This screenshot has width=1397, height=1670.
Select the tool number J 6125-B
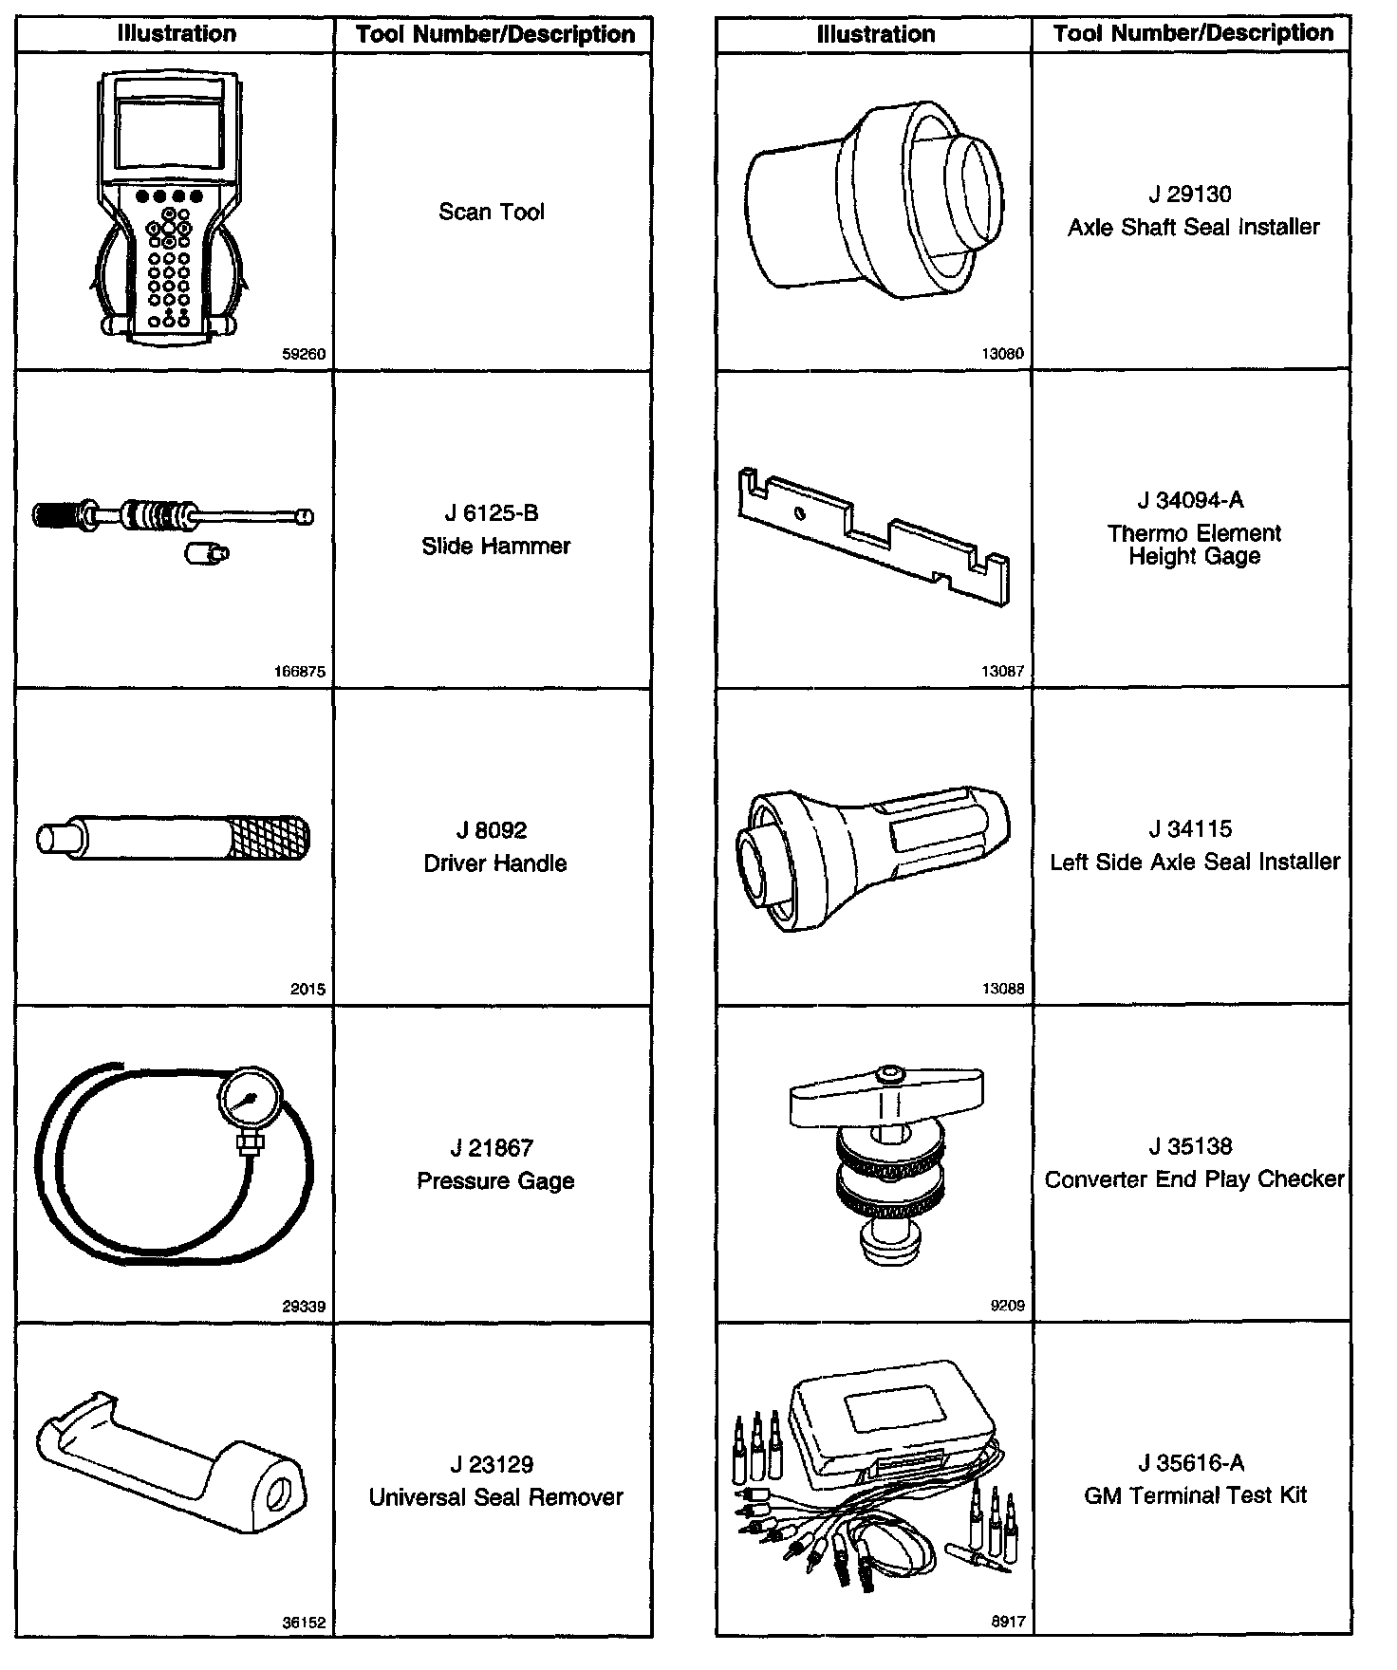(x=492, y=513)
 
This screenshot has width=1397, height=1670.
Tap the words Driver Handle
(x=494, y=863)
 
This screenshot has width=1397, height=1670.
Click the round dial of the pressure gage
(x=248, y=1101)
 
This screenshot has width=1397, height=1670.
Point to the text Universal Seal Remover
(x=495, y=1497)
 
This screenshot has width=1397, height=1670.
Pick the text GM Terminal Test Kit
(x=1195, y=1495)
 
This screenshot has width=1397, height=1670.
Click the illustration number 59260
(x=304, y=355)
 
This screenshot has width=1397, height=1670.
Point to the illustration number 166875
(x=299, y=672)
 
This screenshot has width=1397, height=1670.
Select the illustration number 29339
(x=304, y=1307)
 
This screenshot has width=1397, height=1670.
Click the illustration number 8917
(x=1008, y=1623)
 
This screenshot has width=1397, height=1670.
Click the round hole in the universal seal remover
(x=281, y=1493)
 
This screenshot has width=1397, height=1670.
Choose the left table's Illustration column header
(x=177, y=34)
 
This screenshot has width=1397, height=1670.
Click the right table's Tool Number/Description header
(x=1193, y=33)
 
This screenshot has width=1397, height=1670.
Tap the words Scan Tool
(x=492, y=212)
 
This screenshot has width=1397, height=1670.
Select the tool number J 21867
(x=492, y=1148)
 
